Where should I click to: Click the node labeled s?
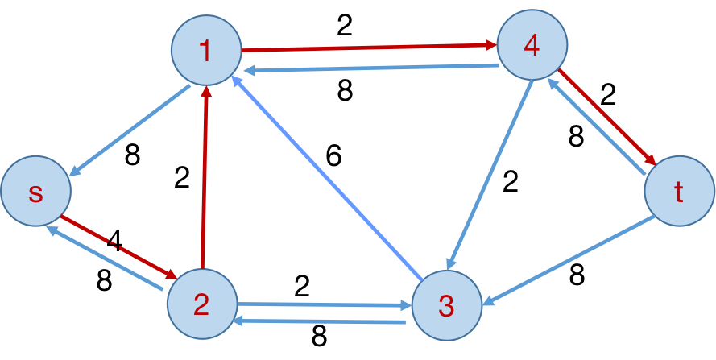(x=35, y=192)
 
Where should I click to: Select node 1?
(x=206, y=50)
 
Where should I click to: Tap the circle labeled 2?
(x=202, y=304)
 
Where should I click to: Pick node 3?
(x=447, y=305)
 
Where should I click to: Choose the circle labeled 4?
(x=532, y=45)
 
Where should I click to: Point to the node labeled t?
(x=679, y=192)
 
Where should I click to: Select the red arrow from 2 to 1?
(x=205, y=177)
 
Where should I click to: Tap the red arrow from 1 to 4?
(x=369, y=48)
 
